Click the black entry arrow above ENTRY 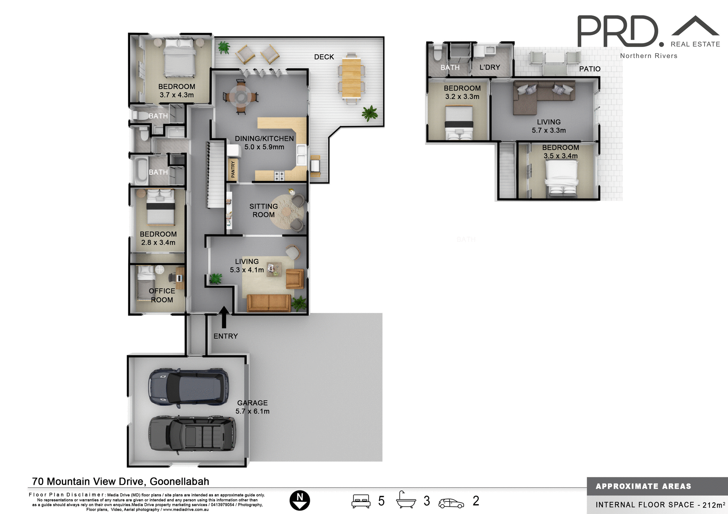pyautogui.click(x=224, y=316)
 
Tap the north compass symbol pyautogui.click(x=300, y=500)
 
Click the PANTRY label pyautogui.click(x=233, y=169)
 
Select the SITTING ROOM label pyautogui.click(x=264, y=210)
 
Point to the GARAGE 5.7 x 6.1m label pyautogui.click(x=253, y=407)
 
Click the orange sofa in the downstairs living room pyautogui.click(x=268, y=303)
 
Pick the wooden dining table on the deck pyautogui.click(x=351, y=78)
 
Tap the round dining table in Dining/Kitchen pyautogui.click(x=241, y=97)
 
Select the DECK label pyautogui.click(x=324, y=57)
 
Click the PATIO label pyautogui.click(x=590, y=69)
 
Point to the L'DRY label pyautogui.click(x=490, y=67)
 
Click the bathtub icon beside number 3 pyautogui.click(x=406, y=500)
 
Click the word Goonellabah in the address pyautogui.click(x=179, y=481)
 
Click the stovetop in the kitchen pyautogui.click(x=279, y=176)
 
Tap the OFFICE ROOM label pyautogui.click(x=162, y=295)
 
